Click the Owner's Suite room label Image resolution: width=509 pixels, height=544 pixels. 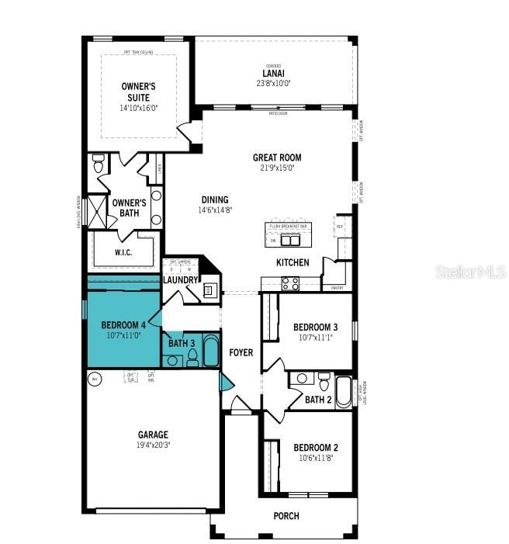[140, 92]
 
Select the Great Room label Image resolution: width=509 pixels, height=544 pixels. [276, 158]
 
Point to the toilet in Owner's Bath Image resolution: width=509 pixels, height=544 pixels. [99, 165]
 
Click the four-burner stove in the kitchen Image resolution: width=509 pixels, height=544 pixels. [290, 283]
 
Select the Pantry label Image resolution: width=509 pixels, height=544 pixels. [337, 288]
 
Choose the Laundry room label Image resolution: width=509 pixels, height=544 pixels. [180, 279]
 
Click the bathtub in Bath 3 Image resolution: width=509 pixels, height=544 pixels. [211, 351]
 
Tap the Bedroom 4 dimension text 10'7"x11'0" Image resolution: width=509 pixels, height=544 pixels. [123, 337]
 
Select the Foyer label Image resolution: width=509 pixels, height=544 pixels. [241, 352]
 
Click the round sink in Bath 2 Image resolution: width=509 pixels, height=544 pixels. [303, 379]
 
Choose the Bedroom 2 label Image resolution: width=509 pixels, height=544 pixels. [315, 448]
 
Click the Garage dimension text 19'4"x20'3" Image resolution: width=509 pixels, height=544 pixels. [152, 445]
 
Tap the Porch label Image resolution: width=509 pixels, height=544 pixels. [286, 516]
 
